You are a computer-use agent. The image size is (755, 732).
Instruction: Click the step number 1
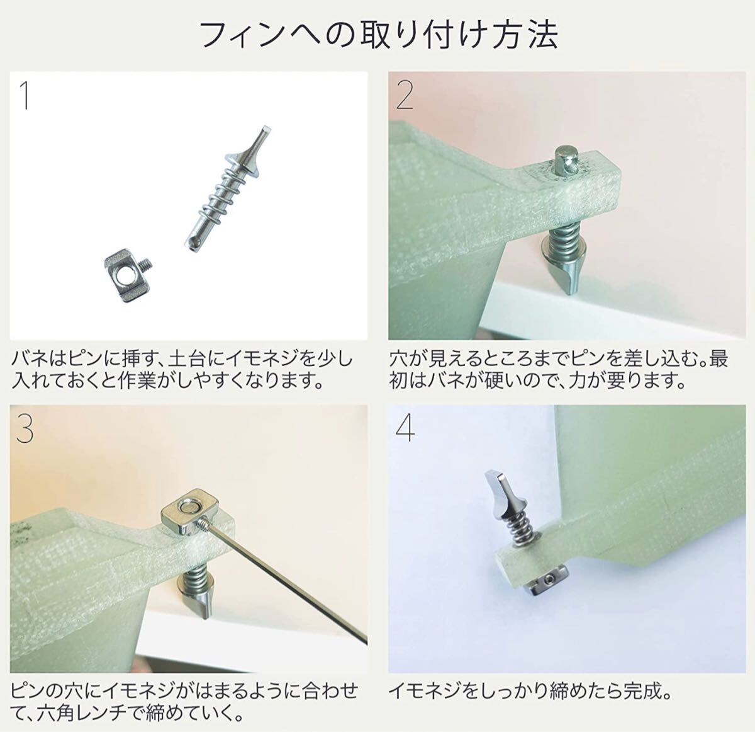pos(25,95)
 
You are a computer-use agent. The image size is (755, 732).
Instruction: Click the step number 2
pos(405,94)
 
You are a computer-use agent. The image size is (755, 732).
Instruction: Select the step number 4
pos(405,429)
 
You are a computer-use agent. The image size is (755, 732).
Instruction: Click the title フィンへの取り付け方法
pos(378,35)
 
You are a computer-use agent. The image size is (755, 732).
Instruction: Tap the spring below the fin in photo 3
pos(198,575)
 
